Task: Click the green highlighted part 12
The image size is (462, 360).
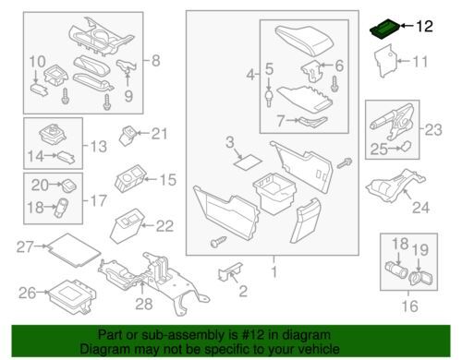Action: pyautogui.click(x=383, y=30)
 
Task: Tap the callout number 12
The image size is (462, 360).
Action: pyautogui.click(x=423, y=27)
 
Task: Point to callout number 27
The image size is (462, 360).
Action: pyautogui.click(x=24, y=246)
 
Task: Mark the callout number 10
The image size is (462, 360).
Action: pyautogui.click(x=36, y=63)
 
